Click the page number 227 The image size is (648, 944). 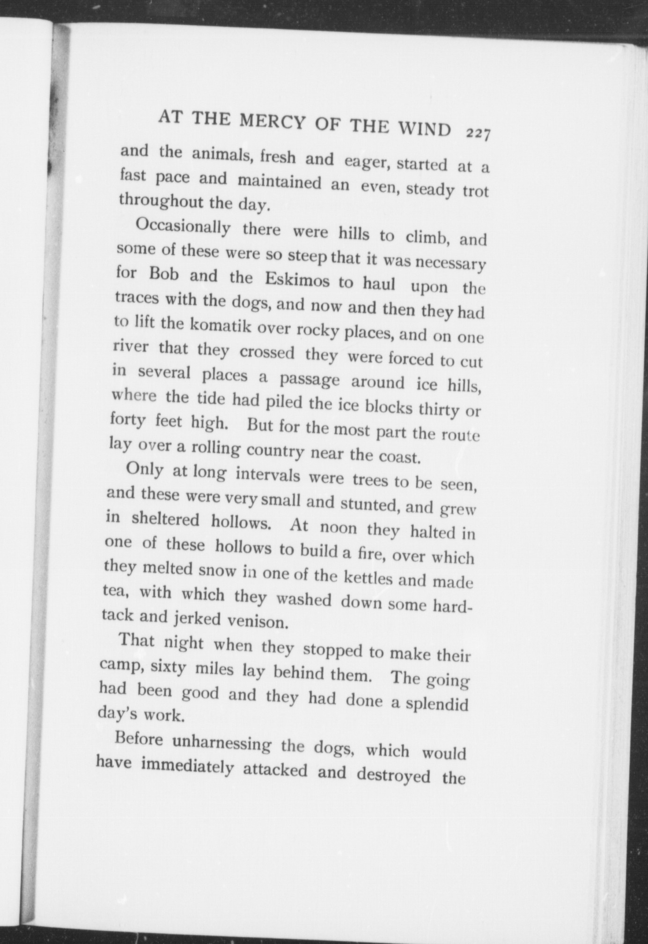pos(478,134)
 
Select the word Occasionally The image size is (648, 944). pos(183,228)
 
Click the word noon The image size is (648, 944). pos(338,527)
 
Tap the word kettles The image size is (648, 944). pos(368,578)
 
